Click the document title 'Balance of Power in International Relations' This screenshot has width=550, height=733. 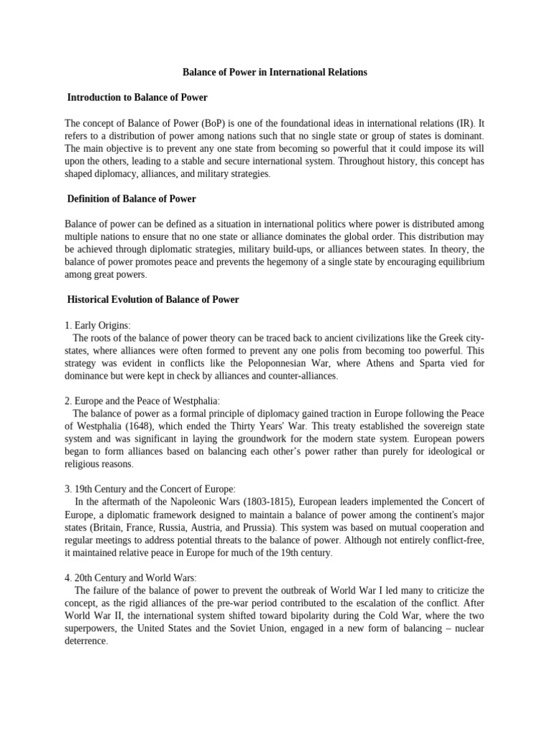[275, 72]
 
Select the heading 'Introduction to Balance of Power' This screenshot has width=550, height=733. [137, 97]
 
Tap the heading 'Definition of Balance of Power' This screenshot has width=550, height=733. [131, 198]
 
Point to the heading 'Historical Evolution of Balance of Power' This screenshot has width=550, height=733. [153, 300]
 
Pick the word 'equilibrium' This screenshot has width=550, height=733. [457, 262]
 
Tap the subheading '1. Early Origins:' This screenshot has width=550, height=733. [97, 325]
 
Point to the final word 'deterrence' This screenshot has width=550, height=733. [85, 641]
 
